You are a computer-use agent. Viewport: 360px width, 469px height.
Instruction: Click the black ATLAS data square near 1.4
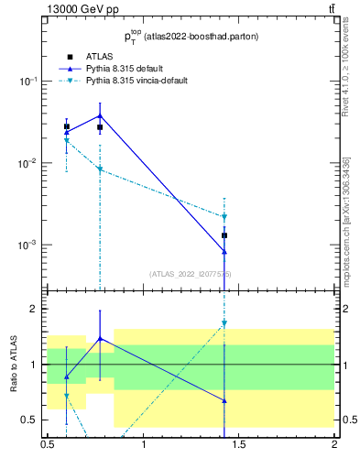tap(224, 235)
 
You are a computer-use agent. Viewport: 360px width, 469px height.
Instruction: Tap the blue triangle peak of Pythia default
tap(100, 115)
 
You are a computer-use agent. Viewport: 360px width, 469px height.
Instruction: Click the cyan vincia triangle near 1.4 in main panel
tap(224, 217)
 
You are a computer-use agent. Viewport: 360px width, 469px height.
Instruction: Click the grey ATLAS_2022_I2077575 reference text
tap(191, 274)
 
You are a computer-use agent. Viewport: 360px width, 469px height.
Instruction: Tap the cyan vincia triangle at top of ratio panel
tap(224, 323)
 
